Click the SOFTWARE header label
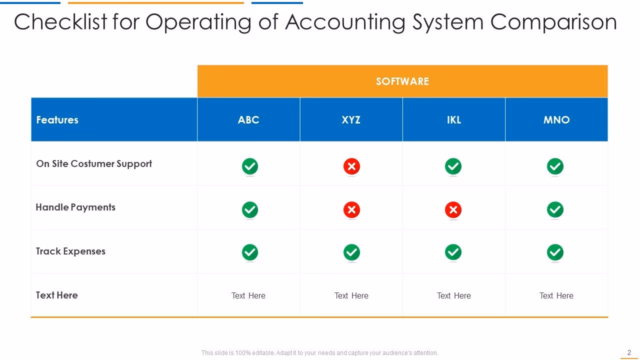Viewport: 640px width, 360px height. click(402, 81)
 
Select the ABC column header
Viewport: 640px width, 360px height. click(248, 120)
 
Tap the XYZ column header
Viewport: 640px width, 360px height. click(351, 120)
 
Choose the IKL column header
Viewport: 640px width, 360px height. click(453, 120)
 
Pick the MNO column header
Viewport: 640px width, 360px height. click(556, 120)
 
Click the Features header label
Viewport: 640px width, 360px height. click(57, 120)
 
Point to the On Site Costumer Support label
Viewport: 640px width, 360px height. click(94, 164)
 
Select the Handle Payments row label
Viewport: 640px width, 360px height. click(75, 207)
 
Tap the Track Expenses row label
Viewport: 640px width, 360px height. click(70, 251)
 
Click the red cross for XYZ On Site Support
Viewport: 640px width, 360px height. click(351, 166)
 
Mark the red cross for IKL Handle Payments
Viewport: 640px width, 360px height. click(453, 209)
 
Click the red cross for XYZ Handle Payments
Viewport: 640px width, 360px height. click(351, 209)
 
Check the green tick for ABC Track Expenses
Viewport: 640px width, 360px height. click(250, 252)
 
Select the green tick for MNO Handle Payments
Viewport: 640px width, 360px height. click(555, 209)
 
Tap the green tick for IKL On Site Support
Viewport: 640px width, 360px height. click(453, 166)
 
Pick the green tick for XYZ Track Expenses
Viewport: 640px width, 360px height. click(351, 252)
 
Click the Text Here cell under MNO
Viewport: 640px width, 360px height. click(556, 295)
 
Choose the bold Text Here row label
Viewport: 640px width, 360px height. click(57, 295)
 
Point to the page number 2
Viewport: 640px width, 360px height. click(629, 352)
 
